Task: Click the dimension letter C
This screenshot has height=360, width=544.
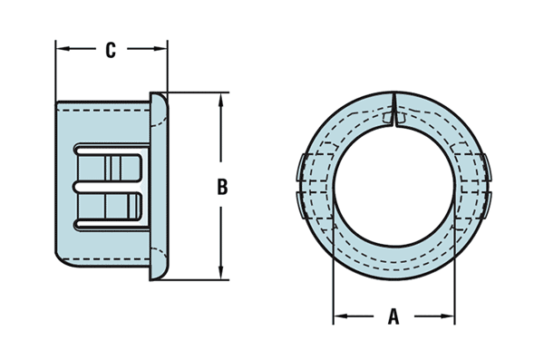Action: [111, 51]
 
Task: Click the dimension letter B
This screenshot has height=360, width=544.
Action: [221, 188]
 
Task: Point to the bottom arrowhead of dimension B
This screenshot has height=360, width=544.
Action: [221, 273]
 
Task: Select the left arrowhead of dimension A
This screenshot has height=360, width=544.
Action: [339, 317]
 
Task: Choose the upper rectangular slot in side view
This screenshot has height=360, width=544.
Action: [112, 166]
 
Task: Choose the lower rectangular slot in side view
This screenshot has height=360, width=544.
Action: [112, 204]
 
